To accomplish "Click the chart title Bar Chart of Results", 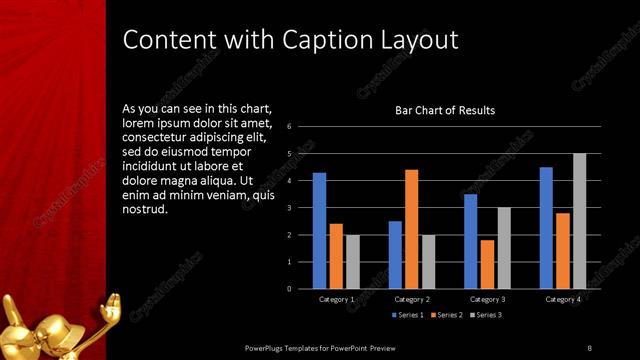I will pos(445,110).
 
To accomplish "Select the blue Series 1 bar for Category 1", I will pos(319,230).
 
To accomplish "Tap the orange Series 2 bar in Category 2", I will pos(411,229).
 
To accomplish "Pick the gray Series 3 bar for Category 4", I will pos(579,221).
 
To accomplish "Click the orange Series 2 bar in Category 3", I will pos(487,264).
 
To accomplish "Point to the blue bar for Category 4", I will pos(546,227).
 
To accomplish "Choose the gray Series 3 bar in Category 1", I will pos(351,261).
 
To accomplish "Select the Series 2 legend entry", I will pos(446,316).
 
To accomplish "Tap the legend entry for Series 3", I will pos(485,316).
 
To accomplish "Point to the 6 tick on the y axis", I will pos(288,127).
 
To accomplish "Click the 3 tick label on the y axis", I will pos(288,208).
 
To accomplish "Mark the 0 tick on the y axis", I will pos(288,289).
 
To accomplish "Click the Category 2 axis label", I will pos(412,299).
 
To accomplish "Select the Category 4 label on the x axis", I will pos(563,299).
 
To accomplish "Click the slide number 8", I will pos(589,347).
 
